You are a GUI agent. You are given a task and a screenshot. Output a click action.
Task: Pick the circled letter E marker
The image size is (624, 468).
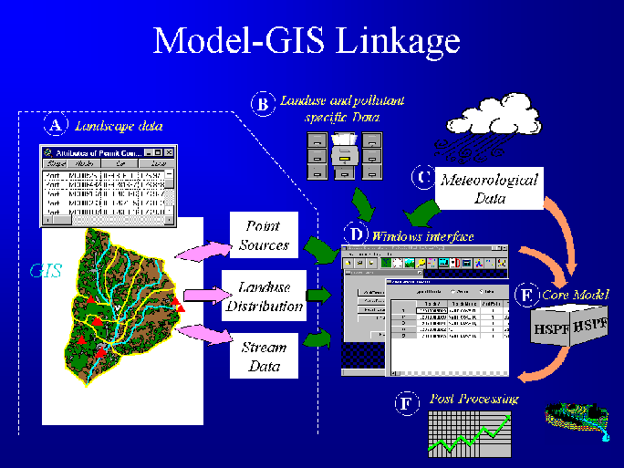click(x=525, y=295)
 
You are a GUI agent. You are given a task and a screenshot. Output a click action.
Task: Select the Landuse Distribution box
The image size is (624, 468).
click(x=264, y=296)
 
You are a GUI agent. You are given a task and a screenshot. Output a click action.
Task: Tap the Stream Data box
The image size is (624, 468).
click(x=264, y=357)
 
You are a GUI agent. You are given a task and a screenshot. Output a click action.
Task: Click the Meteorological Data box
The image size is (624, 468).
click(x=488, y=188)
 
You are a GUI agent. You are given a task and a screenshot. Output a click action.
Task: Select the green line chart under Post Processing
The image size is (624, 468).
click(x=467, y=433)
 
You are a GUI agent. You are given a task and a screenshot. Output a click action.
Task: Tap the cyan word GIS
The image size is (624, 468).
click(x=47, y=270)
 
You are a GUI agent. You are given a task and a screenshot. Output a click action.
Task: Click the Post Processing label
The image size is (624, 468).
click(x=473, y=400)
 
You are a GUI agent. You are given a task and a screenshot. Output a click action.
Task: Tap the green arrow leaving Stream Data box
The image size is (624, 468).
click(x=315, y=340)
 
